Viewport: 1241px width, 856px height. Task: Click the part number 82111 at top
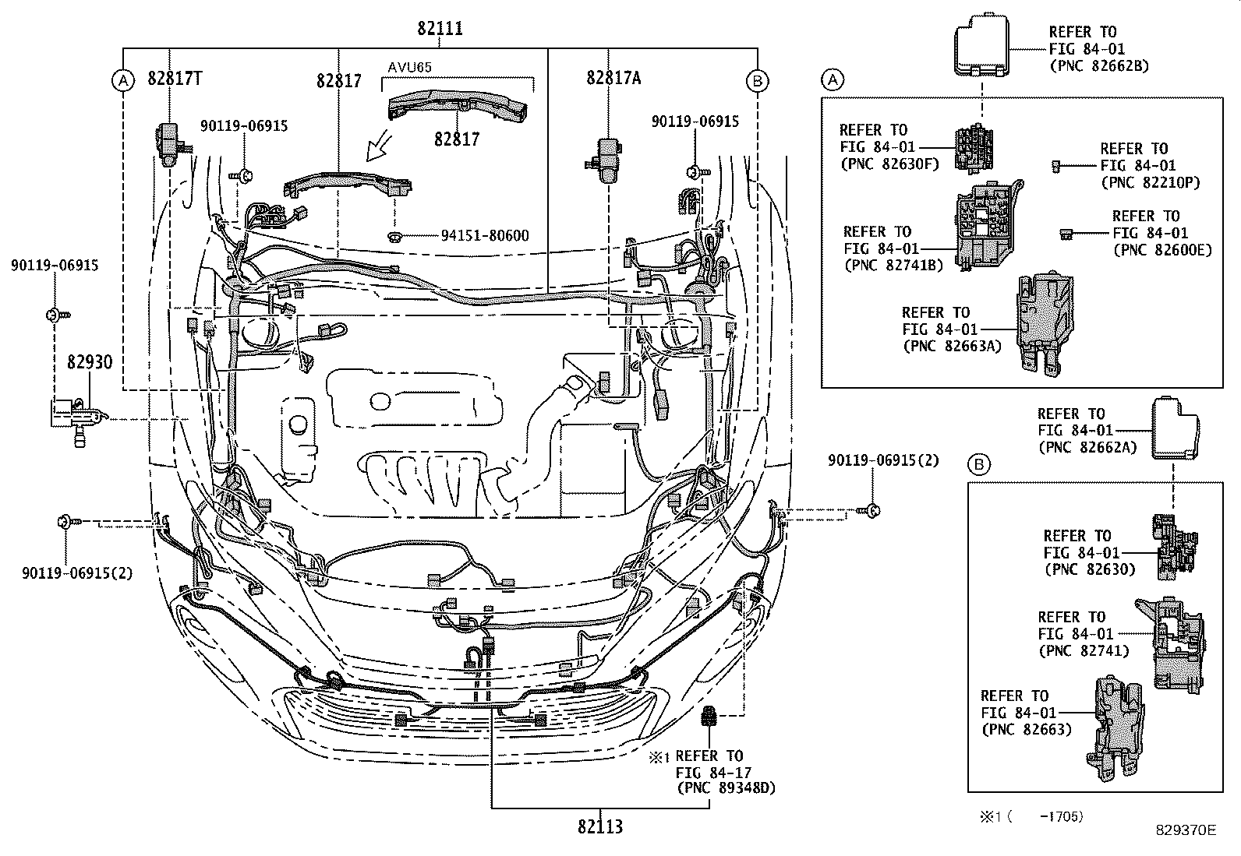point(440,29)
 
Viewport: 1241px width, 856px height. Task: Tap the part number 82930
point(89,362)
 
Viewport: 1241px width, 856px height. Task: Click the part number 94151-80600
point(473,235)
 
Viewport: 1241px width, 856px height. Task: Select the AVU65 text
point(410,67)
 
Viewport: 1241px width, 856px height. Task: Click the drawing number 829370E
point(1186,831)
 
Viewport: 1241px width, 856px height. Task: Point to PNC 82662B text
point(1099,66)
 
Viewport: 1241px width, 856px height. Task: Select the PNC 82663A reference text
point(952,347)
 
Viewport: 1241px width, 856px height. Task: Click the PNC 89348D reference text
point(725,789)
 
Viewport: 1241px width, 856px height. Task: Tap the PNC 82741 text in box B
point(1083,650)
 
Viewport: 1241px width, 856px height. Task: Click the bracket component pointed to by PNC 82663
point(1119,728)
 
